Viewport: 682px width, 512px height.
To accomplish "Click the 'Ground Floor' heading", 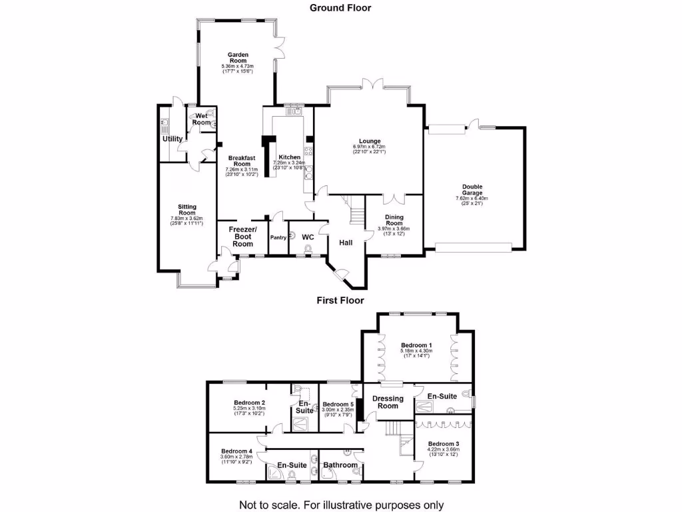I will click(x=340, y=8).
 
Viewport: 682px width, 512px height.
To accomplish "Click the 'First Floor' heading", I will click(x=340, y=301).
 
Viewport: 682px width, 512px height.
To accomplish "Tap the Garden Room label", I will click(x=238, y=57).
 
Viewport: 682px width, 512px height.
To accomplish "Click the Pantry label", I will click(x=278, y=237).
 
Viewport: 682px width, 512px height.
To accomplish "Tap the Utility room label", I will click(x=173, y=139).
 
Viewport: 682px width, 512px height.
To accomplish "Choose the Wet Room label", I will click(x=203, y=119).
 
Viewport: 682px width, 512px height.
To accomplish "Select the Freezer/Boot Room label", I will click(x=242, y=237).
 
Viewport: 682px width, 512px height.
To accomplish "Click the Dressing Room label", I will click(x=388, y=402).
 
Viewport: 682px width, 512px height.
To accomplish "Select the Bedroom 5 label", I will click(x=338, y=404).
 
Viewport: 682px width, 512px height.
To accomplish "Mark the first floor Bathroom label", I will click(x=340, y=465).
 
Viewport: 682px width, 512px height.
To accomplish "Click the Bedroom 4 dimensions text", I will click(x=236, y=458).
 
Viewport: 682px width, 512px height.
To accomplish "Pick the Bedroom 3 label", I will click(x=444, y=444).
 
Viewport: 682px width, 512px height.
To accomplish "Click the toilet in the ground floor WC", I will click(x=308, y=249).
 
